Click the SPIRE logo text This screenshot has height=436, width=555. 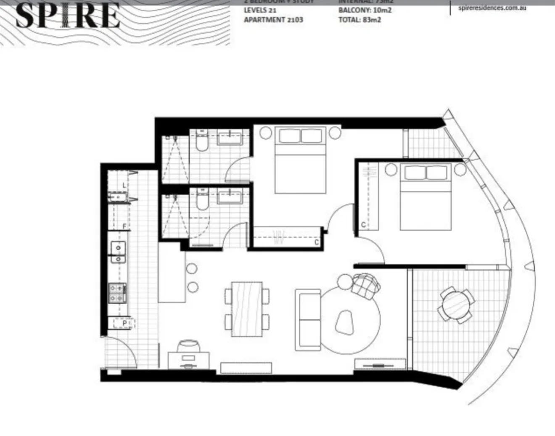point(67,16)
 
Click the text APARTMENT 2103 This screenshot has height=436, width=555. point(273,20)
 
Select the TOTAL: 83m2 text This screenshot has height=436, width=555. point(359,20)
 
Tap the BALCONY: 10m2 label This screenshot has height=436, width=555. point(365,10)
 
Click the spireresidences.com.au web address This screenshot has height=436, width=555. point(492,8)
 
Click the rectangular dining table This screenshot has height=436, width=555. point(247,309)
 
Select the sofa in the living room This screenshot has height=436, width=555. point(308,320)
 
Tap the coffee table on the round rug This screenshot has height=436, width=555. point(345,323)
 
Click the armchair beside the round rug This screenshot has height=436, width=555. point(366,286)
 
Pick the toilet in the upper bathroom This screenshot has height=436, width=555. point(202,142)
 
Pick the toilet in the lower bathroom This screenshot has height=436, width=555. point(202,200)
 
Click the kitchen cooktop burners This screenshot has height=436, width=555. point(118,293)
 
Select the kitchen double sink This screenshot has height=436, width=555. point(118,252)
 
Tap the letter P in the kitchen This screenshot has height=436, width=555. point(124,323)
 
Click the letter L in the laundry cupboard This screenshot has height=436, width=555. point(124,185)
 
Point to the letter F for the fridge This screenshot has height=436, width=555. point(124,227)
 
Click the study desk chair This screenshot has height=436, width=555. point(188,347)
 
